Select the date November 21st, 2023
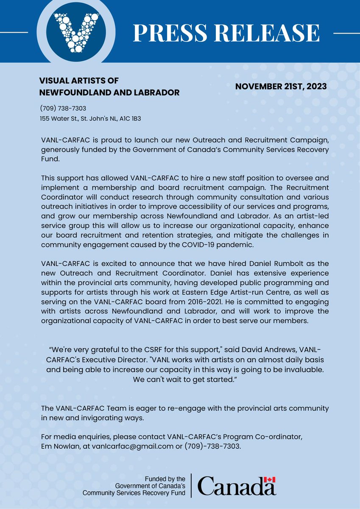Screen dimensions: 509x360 click(281, 86)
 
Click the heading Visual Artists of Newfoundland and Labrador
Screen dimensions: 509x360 click(109, 87)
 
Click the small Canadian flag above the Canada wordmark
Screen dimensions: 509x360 click(270, 479)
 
